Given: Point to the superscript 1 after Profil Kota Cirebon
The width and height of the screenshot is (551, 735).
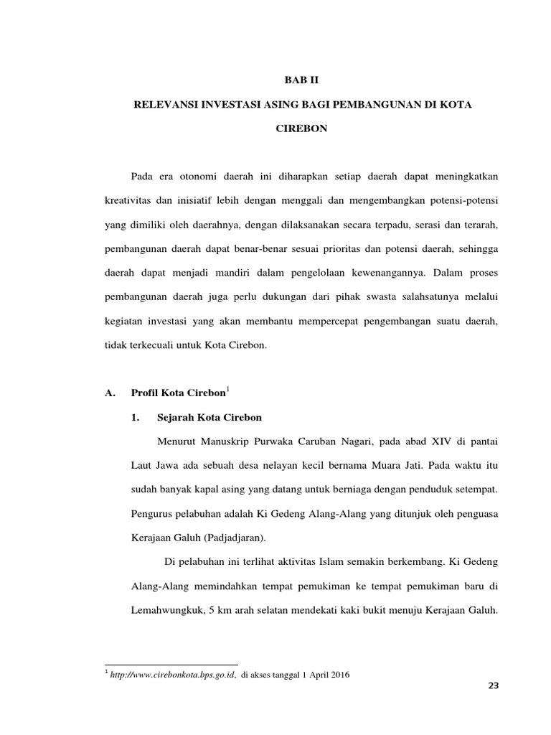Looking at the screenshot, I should point(227,388).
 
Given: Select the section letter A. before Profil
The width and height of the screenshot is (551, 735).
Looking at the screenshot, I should point(110,393).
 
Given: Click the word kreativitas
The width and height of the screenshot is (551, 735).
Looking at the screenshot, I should point(126,201).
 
